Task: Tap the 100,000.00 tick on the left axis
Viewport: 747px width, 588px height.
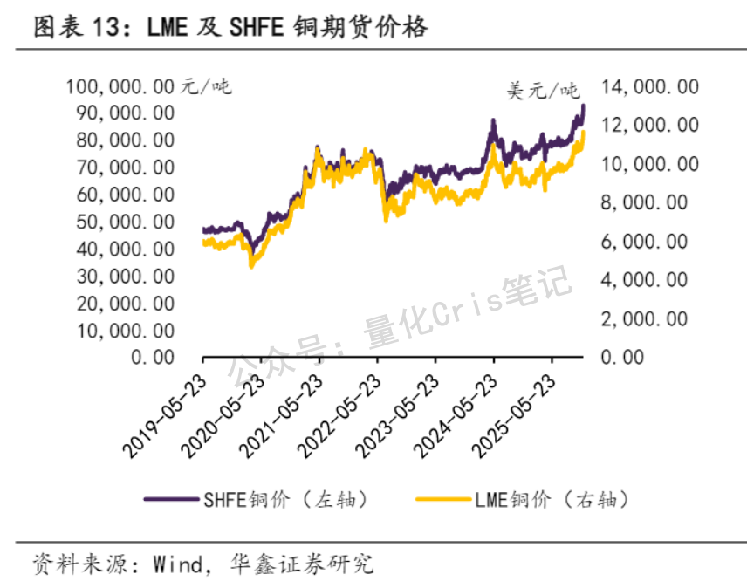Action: click(x=120, y=86)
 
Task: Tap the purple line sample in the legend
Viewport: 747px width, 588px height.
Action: click(x=173, y=500)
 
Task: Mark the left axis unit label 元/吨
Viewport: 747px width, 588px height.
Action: click(x=206, y=86)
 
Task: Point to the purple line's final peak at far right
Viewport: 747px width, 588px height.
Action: click(x=582, y=106)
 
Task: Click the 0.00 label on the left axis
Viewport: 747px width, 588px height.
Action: click(x=152, y=357)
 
